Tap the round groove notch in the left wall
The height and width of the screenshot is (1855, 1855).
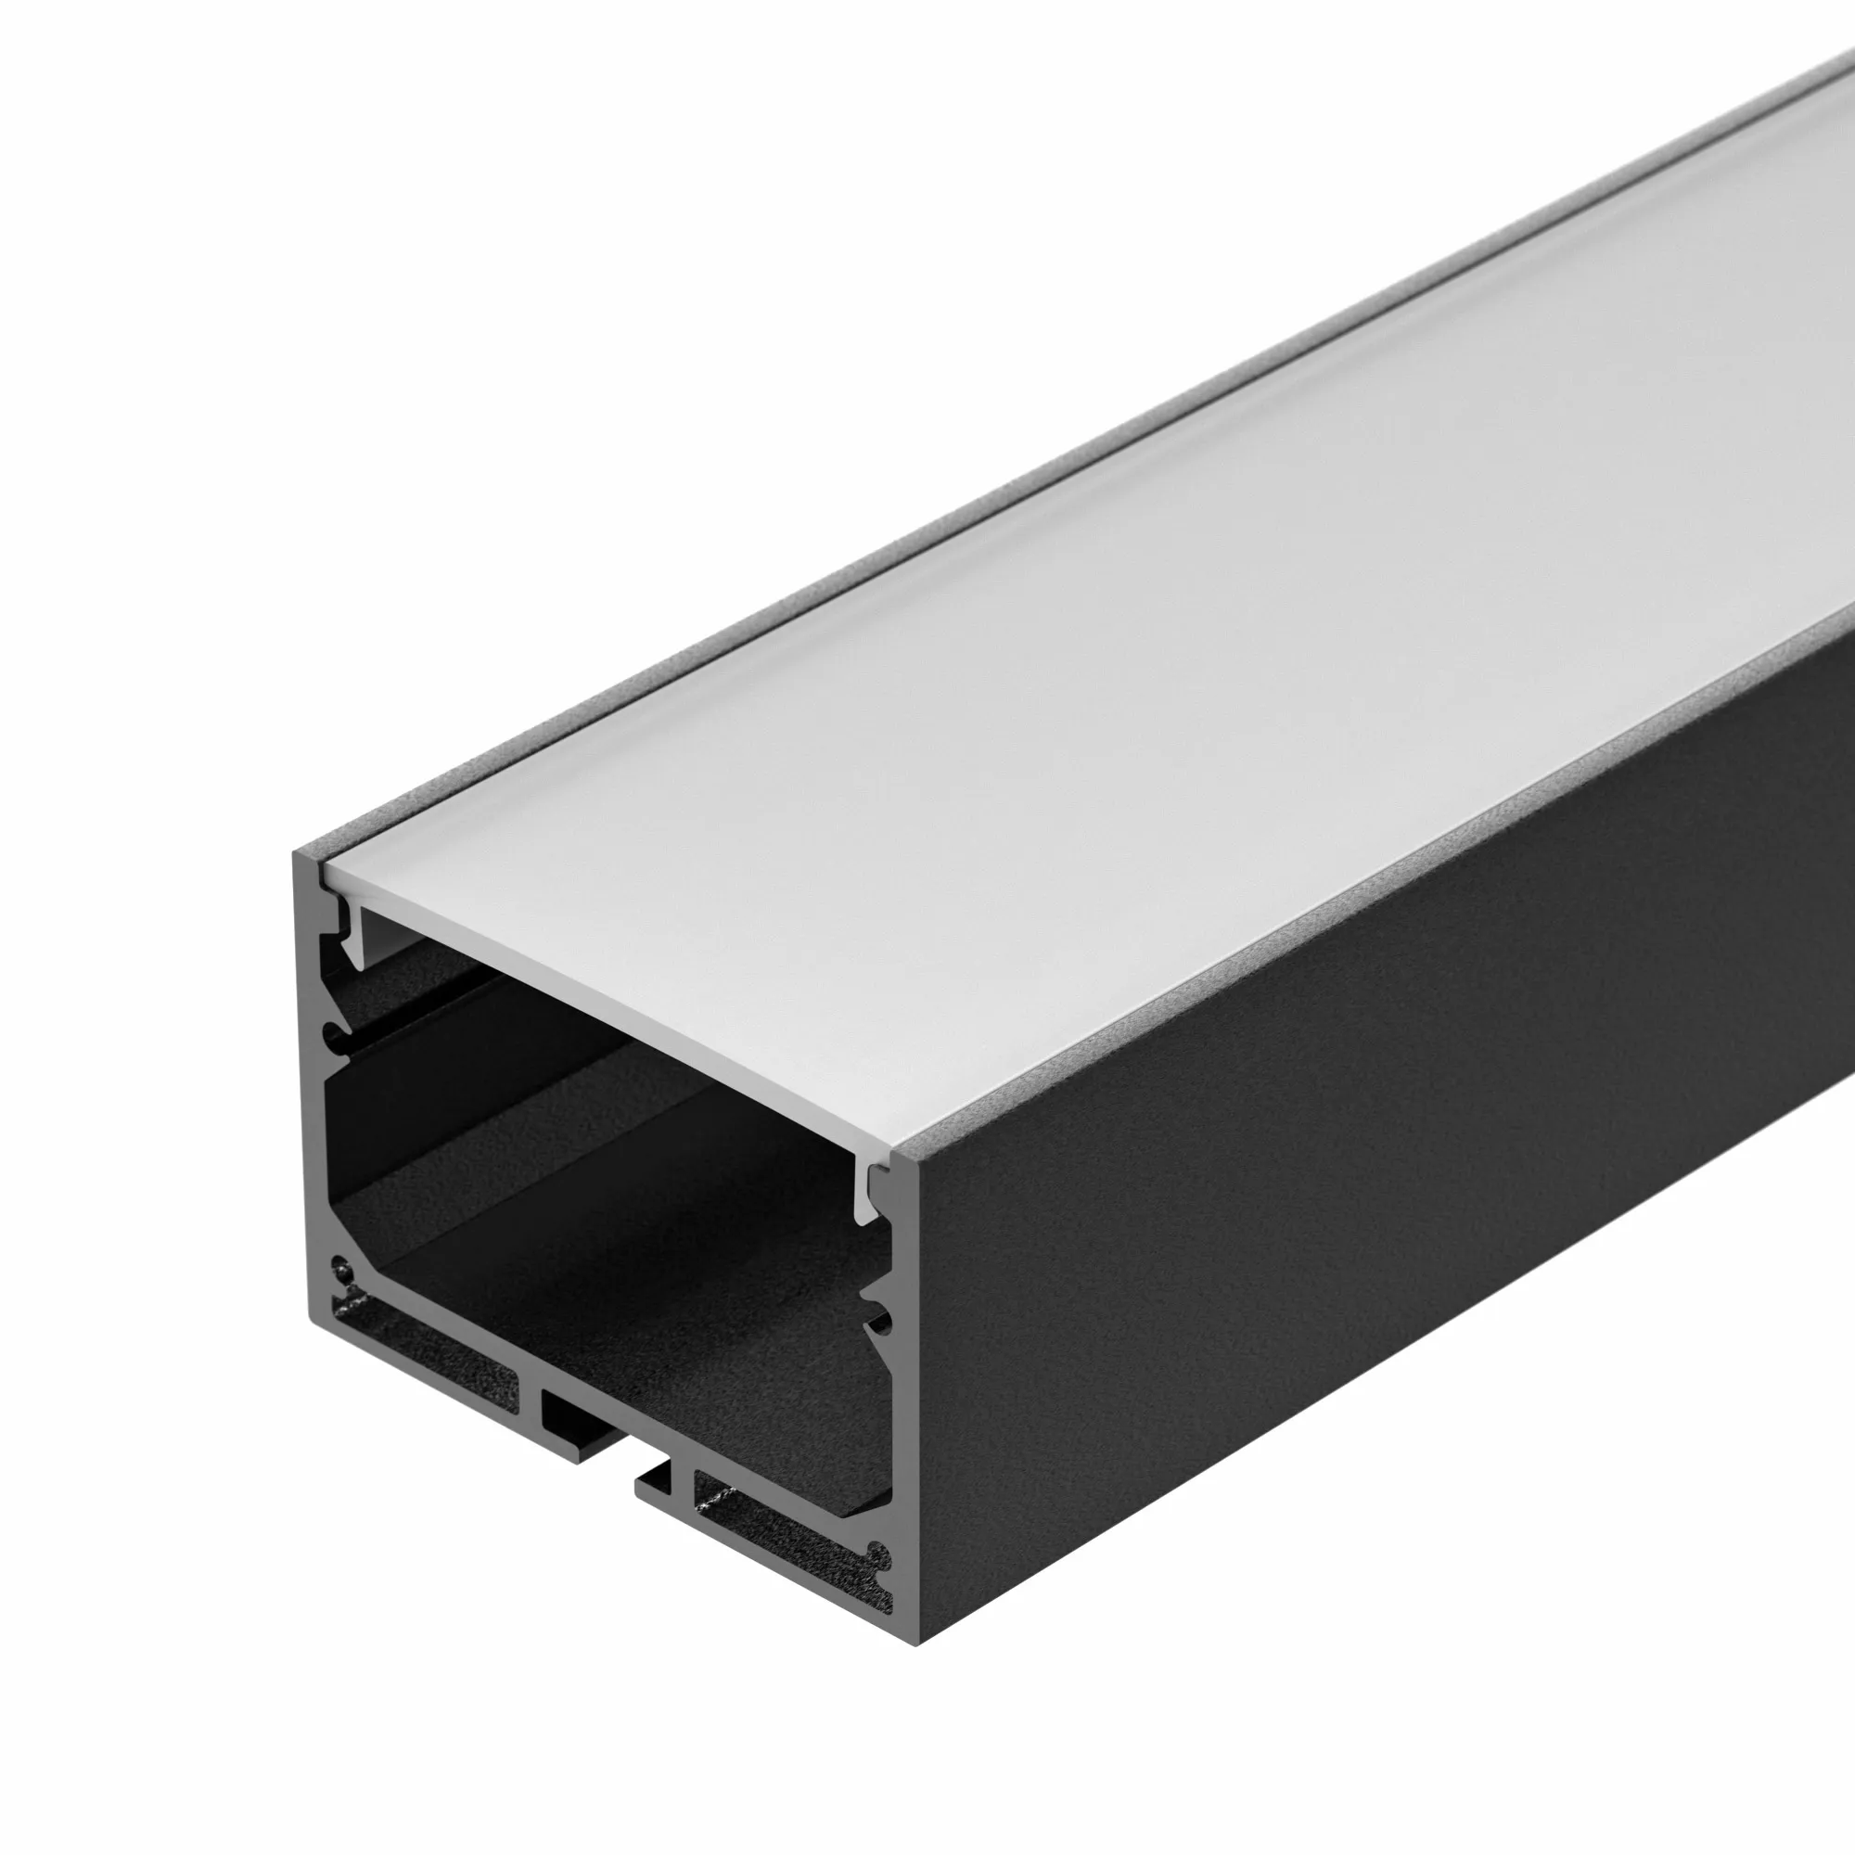pyautogui.click(x=331, y=1035)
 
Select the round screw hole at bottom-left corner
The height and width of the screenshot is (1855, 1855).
pyautogui.click(x=339, y=1274)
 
